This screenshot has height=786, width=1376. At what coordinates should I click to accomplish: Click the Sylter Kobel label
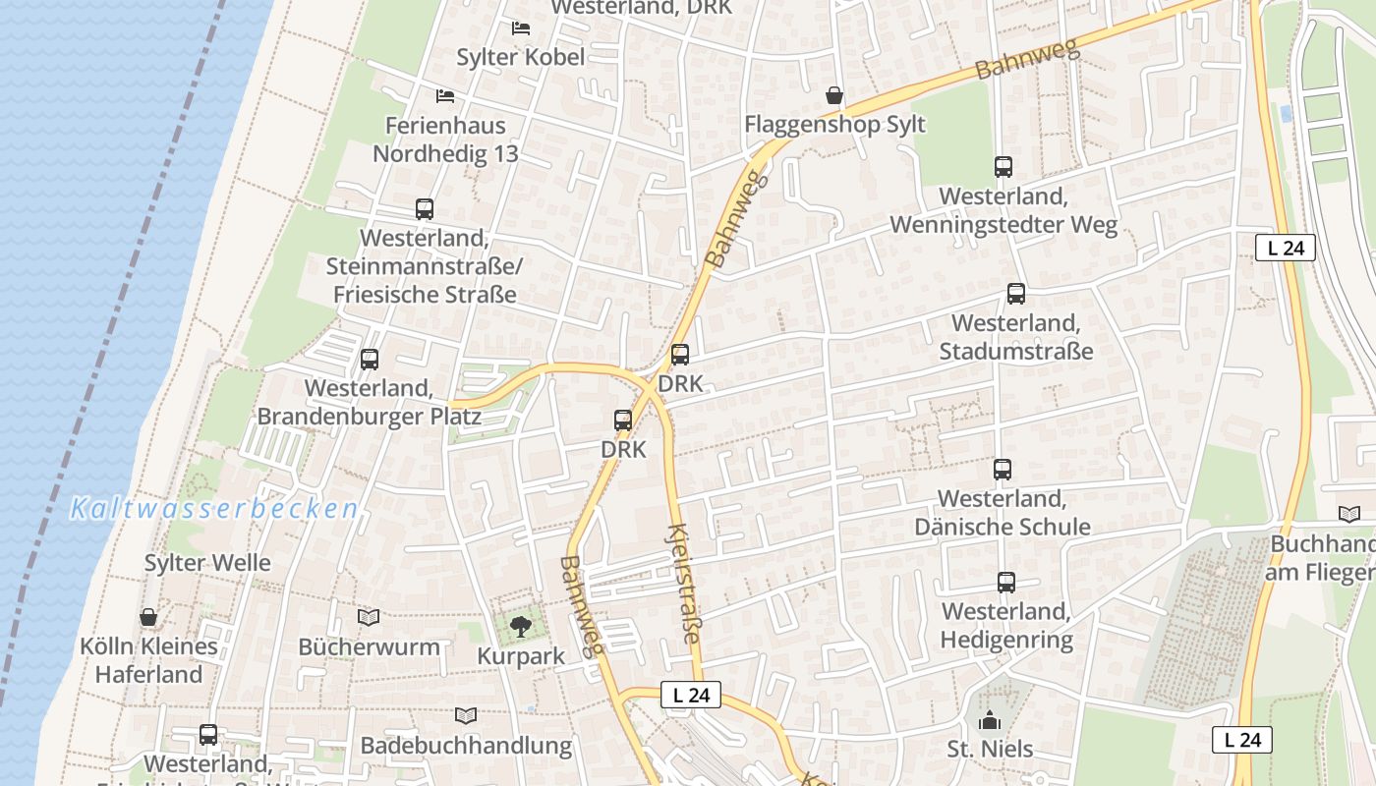(x=521, y=57)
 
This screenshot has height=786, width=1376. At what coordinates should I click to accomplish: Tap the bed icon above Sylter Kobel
(x=521, y=28)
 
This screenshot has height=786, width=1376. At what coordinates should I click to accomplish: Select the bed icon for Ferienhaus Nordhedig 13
(x=445, y=96)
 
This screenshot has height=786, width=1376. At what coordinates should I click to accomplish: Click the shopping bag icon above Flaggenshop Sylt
(x=834, y=95)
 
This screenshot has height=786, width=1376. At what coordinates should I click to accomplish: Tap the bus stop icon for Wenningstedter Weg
(x=1003, y=167)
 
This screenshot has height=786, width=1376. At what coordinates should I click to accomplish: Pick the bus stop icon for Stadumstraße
(x=1015, y=294)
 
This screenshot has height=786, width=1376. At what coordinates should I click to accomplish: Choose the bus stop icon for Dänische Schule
(x=1002, y=470)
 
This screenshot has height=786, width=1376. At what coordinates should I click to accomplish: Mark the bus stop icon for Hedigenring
(x=1005, y=583)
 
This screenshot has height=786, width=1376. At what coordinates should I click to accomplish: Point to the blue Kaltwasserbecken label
(x=214, y=509)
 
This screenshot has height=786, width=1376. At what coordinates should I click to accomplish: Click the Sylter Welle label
(x=207, y=563)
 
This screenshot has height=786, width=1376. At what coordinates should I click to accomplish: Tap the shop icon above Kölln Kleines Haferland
(x=148, y=617)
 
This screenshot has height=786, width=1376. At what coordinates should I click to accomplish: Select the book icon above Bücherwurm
(x=369, y=618)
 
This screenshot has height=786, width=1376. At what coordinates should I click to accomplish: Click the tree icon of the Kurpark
(x=520, y=625)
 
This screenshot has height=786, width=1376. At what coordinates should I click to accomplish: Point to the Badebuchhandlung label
(x=466, y=746)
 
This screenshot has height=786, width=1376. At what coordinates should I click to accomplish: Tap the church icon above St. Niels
(x=990, y=720)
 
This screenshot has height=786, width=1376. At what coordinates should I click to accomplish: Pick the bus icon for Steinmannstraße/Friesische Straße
(x=425, y=209)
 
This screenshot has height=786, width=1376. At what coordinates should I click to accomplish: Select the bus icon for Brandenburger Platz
(x=370, y=360)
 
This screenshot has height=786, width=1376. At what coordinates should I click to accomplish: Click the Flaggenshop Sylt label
(x=834, y=125)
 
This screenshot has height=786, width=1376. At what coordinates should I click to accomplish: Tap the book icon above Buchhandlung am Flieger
(x=1349, y=514)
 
